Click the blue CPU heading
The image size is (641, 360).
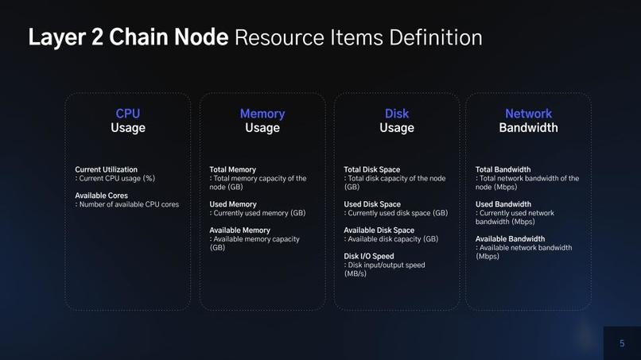pos(127,114)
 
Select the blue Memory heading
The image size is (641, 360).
pos(262,114)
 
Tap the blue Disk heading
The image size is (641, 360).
pos(397,114)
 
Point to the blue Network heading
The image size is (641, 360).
pos(528,114)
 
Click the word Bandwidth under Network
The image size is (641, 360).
pos(528,128)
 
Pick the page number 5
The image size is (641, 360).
pos(622,343)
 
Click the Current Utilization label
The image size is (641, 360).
pos(107,169)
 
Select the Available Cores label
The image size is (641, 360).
pos(101,195)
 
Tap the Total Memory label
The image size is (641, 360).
pos(232,170)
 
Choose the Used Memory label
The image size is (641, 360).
pos(233,204)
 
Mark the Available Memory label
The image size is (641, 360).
pos(240,230)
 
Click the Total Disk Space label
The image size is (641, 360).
pos(372,169)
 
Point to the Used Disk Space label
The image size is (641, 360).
pos(372,204)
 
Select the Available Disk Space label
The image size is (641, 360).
pos(379,230)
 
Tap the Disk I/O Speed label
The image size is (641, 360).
pos(369,257)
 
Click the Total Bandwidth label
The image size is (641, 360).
pos(503,169)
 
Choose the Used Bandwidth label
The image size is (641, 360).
pos(503,204)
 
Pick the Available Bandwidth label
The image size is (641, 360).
pos(511,239)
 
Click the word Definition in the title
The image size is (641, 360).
pos(436,37)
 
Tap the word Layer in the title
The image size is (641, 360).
pos(56,38)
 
